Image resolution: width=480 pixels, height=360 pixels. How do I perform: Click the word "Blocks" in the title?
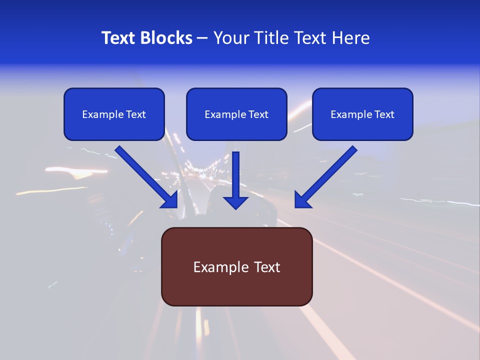(x=167, y=38)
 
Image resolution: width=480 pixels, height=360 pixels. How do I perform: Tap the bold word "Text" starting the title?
(x=119, y=38)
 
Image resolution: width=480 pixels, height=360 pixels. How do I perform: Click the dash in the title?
(x=202, y=38)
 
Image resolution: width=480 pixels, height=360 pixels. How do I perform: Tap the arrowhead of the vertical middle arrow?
(x=235, y=202)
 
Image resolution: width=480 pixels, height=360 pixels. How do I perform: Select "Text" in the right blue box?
(x=384, y=114)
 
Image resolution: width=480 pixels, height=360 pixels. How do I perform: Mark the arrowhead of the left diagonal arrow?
(x=170, y=200)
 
